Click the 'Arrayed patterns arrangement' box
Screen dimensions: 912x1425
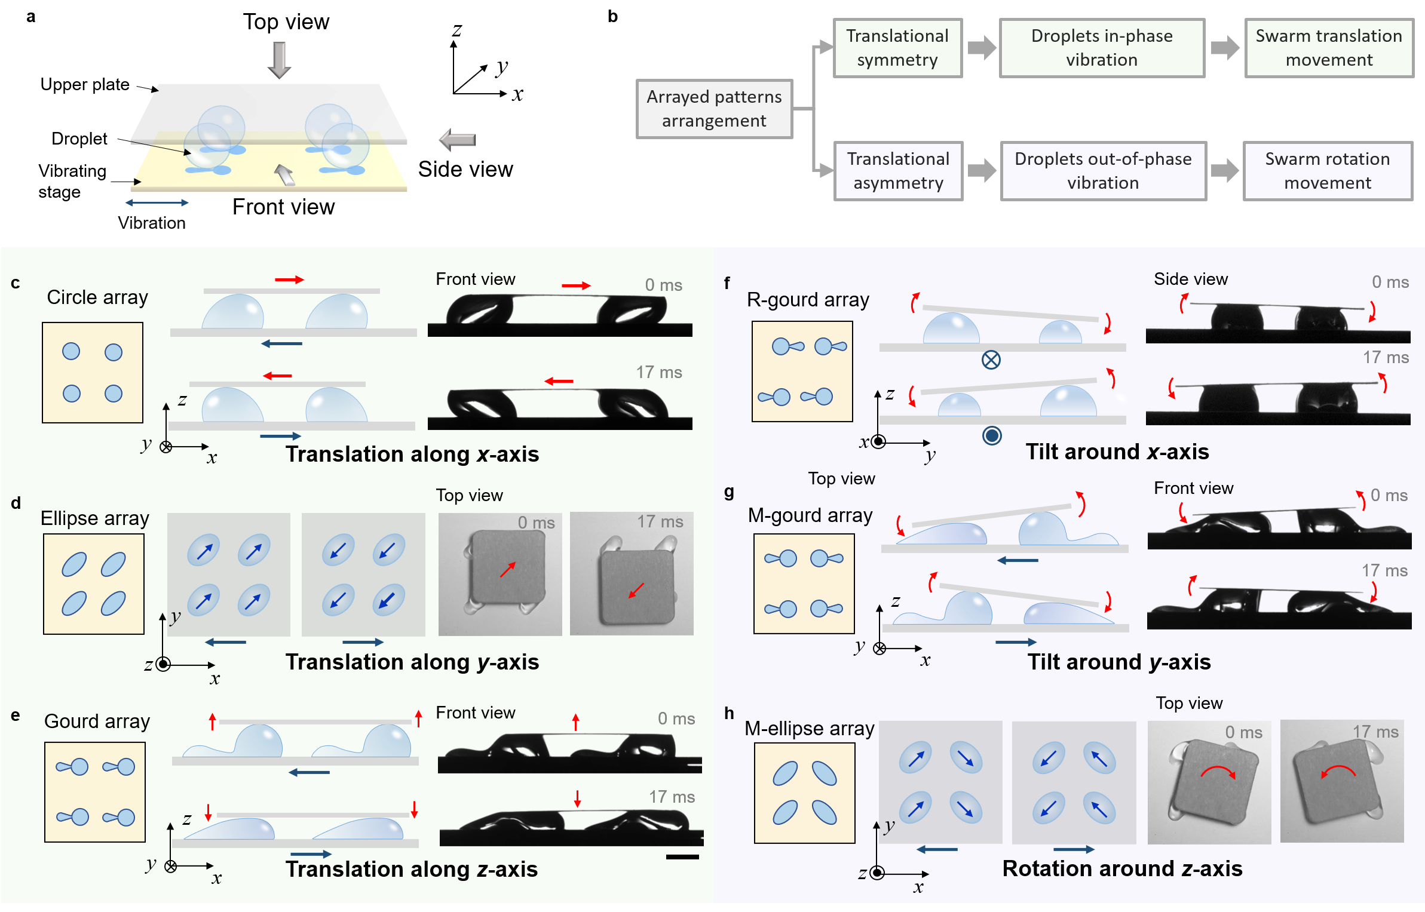pos(714,109)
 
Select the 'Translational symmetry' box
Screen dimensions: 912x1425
pos(897,48)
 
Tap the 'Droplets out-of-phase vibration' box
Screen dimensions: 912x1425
pos(1103,171)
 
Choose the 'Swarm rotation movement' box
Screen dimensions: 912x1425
pos(1327,171)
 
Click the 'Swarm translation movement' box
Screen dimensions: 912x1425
pos(1329,48)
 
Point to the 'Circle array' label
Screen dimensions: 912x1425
pos(97,297)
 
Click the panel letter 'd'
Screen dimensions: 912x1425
pos(16,503)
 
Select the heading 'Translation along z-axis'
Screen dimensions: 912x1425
pos(412,869)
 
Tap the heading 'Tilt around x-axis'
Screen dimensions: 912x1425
pos(1117,452)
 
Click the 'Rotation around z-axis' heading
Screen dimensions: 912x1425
pos(1122,868)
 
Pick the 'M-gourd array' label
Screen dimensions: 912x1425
pos(810,515)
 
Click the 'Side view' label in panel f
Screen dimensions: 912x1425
pos(1190,279)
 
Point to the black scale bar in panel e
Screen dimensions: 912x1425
pos(682,857)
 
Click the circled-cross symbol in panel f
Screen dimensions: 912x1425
pos(991,360)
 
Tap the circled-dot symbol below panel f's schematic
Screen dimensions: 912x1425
pos(992,436)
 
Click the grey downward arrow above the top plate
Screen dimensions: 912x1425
pos(279,60)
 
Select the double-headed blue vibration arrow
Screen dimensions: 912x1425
pos(157,203)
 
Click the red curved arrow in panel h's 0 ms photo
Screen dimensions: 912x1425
pos(1218,772)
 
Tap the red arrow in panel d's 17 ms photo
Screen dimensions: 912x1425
pos(636,590)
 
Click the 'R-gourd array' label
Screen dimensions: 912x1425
pos(808,300)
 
